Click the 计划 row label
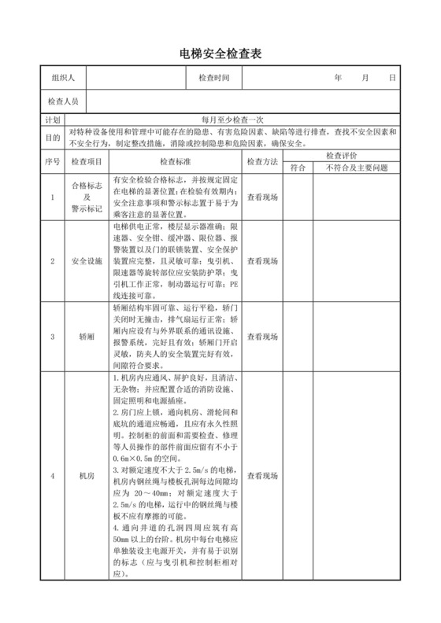point(53,120)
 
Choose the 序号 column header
point(53,161)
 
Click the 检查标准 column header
point(176,161)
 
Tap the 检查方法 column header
point(262,161)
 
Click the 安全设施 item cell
point(86,260)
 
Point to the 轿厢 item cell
point(86,337)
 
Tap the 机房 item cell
point(86,476)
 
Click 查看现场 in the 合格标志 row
point(262,197)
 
